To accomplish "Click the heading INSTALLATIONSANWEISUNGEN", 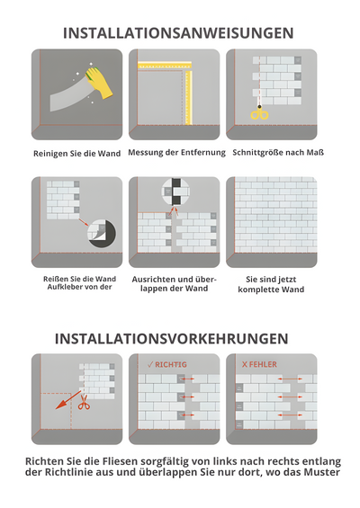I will click(x=177, y=32).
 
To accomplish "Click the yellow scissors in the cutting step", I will click(x=259, y=113).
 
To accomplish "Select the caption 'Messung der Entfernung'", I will click(x=176, y=152).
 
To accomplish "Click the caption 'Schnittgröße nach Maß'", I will click(x=278, y=152).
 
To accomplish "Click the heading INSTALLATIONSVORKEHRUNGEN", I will click(x=171, y=339).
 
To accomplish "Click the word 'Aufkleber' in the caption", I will click(x=58, y=290).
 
